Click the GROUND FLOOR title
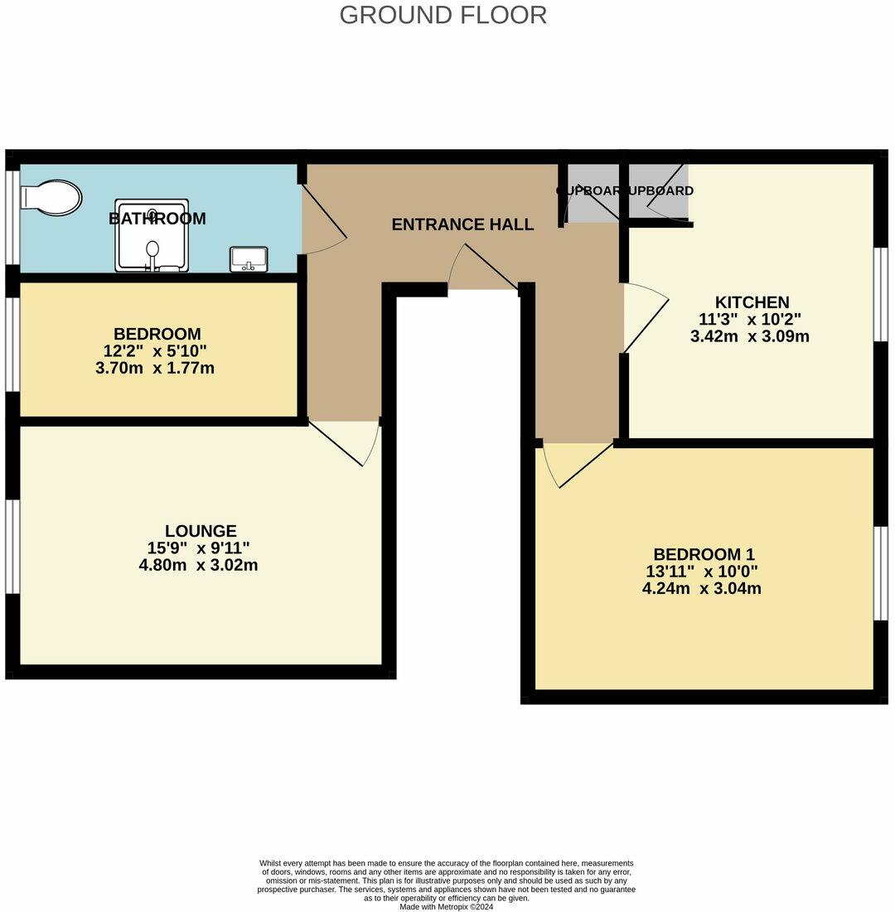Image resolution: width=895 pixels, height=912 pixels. click(x=443, y=15)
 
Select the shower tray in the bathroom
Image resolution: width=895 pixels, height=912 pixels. click(x=152, y=235)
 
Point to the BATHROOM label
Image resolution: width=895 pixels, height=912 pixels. click(x=157, y=219)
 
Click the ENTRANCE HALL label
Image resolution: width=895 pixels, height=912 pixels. click(x=462, y=224)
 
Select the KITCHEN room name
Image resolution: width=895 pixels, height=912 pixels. click(x=752, y=302)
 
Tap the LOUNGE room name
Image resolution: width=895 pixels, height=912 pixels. click(x=200, y=531)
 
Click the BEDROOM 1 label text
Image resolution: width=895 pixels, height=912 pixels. click(x=704, y=554)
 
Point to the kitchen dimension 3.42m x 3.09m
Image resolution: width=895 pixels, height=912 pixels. click(x=749, y=336)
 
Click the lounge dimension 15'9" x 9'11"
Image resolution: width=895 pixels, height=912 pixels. click(x=199, y=548)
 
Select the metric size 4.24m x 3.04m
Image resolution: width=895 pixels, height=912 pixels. click(x=701, y=589)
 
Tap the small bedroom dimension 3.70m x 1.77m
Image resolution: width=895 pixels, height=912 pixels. click(x=155, y=368)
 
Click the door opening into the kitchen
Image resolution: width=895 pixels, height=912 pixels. click(x=646, y=318)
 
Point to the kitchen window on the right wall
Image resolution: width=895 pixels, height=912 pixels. click(x=881, y=294)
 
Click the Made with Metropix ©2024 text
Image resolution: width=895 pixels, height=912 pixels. click(x=446, y=906)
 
